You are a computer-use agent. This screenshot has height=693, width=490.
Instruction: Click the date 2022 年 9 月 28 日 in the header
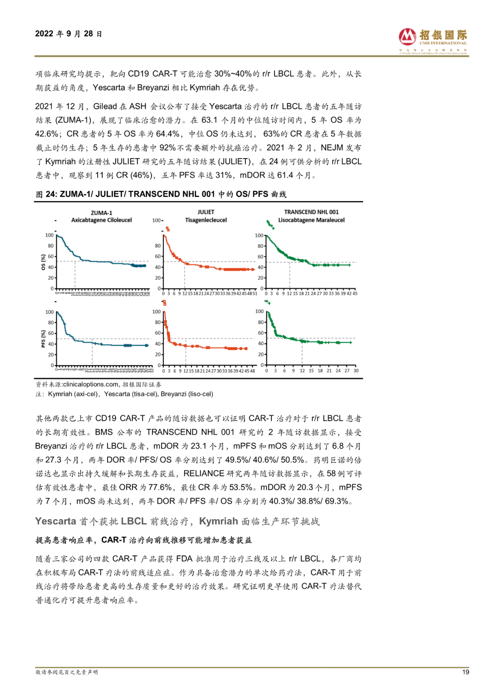tap(69, 34)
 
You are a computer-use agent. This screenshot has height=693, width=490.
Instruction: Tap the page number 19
tap(465, 672)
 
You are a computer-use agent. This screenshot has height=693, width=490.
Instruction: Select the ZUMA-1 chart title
tap(102, 213)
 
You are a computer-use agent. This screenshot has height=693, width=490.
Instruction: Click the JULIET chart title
tap(206, 212)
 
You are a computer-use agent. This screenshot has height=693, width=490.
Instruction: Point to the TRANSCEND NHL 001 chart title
tap(311, 212)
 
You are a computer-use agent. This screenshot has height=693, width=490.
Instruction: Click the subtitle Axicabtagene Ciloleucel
tap(102, 220)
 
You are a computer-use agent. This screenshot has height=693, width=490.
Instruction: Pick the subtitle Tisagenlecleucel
tap(206, 220)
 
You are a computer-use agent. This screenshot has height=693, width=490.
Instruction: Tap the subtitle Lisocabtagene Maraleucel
tap(311, 220)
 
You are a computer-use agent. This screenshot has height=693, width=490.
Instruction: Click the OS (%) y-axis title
tap(44, 262)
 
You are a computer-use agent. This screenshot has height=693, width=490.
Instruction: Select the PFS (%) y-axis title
tap(44, 338)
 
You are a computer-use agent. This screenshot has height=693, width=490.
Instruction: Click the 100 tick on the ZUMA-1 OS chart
tap(49, 235)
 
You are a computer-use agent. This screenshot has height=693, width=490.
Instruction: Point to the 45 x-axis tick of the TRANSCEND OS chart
tap(355, 294)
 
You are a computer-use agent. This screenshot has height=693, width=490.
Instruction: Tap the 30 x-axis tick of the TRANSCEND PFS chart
tap(356, 371)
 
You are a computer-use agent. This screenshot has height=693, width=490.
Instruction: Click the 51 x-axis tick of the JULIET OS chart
tap(255, 294)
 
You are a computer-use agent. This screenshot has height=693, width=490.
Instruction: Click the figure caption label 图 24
tap(46, 194)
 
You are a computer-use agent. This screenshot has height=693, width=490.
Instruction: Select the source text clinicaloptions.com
tap(91, 385)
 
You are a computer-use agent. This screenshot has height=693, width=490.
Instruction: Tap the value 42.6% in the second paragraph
tap(47, 134)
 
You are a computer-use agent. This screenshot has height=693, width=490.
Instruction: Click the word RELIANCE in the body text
tap(204, 474)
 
